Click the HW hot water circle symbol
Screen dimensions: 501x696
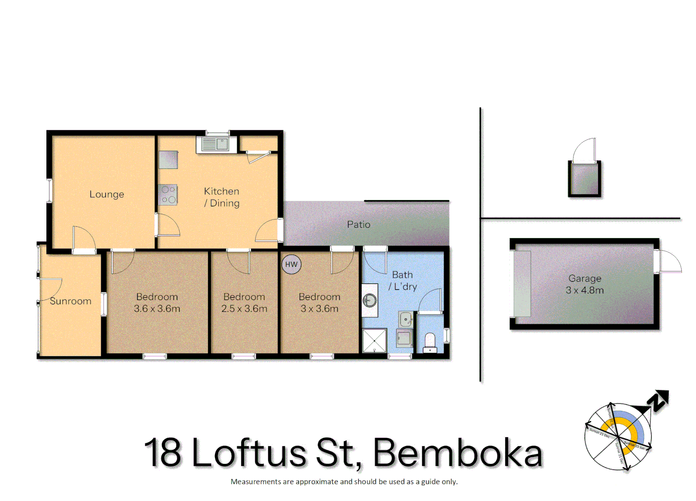point(291,264)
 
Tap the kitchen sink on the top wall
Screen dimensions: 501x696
point(213,144)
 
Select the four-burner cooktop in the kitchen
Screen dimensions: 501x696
point(168,195)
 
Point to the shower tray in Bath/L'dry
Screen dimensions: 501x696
point(374,340)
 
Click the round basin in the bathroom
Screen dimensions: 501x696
point(370,301)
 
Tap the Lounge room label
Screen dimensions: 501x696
point(107,194)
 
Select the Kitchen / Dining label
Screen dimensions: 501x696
point(222,197)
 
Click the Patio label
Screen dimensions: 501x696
point(359,225)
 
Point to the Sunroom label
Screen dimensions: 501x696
point(71,301)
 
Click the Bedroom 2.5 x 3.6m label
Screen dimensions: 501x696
point(244,302)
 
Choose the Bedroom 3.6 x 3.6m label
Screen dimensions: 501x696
point(157,302)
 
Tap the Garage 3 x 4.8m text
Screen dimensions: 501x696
point(585,284)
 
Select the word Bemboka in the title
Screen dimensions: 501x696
point(458,453)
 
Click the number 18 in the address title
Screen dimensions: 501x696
point(162,453)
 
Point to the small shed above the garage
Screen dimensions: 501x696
point(584,179)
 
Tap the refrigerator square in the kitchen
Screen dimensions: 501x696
point(168,160)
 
